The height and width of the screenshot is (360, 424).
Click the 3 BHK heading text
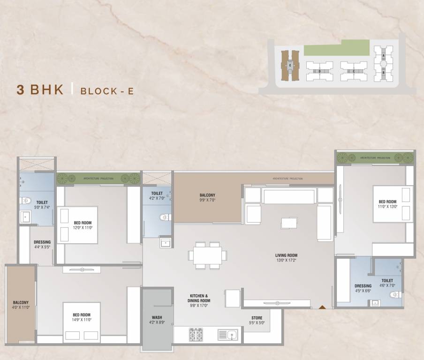(40, 90)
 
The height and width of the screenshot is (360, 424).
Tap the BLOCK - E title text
(107, 91)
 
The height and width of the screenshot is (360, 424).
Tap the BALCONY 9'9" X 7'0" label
(207, 198)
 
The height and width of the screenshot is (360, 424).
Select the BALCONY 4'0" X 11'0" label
(21, 305)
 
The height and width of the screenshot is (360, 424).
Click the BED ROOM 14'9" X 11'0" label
(82, 317)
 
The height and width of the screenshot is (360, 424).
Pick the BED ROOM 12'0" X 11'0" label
(83, 225)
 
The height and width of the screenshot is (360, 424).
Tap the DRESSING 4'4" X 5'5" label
(42, 245)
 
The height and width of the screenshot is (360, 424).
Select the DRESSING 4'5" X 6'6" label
(363, 288)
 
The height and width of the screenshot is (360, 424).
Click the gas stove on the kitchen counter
(196, 334)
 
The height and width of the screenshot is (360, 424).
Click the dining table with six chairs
(208, 255)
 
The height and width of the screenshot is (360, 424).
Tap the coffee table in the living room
(289, 223)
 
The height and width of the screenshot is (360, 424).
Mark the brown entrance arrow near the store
(322, 307)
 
